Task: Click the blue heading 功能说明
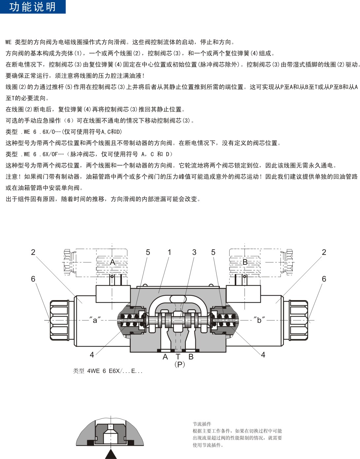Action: [x=32, y=7]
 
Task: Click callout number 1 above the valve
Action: [x=169, y=252]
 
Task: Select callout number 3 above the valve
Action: [x=194, y=252]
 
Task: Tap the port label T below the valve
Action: [x=178, y=356]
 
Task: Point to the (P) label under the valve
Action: [x=180, y=364]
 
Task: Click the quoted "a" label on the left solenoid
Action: [x=95, y=320]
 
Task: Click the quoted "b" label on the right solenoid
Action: [x=259, y=320]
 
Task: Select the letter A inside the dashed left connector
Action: [x=113, y=262]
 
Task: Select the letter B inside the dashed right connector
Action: [x=245, y=262]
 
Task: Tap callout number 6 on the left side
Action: [x=33, y=279]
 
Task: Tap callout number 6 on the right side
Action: [x=324, y=279]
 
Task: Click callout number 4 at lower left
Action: [x=92, y=355]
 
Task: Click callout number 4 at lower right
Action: [x=263, y=355]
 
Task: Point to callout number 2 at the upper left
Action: [x=33, y=252]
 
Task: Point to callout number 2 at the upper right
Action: [x=324, y=252]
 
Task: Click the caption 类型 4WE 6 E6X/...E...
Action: [x=107, y=371]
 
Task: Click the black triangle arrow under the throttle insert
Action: [x=111, y=455]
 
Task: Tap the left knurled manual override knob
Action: [x=59, y=320]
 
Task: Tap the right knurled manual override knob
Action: [x=298, y=320]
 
